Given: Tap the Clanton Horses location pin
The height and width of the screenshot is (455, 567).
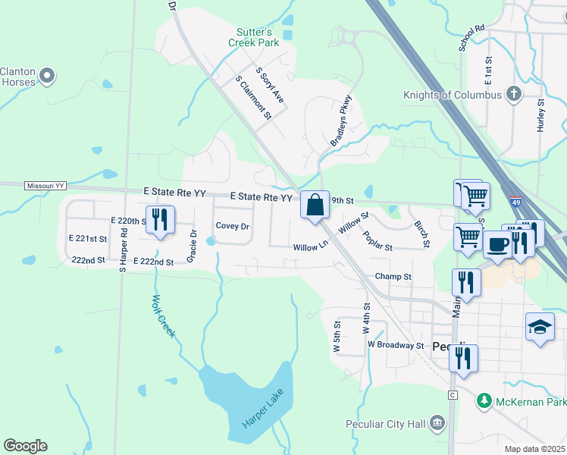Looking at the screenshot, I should point(47,75).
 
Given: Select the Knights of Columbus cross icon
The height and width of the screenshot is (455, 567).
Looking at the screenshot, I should point(514,95).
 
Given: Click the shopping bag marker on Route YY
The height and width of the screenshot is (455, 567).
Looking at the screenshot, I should point(315,205).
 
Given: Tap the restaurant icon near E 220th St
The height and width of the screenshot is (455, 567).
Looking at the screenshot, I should point(160,219).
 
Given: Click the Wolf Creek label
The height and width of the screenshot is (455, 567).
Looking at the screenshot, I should point(164,315).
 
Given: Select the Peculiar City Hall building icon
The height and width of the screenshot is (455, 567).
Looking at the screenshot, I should point(437,422).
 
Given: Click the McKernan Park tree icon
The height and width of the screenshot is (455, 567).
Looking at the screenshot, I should point(484,400).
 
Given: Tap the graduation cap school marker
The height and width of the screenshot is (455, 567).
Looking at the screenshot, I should point(540,327).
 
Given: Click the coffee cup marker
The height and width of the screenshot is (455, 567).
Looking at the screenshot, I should point(497,244).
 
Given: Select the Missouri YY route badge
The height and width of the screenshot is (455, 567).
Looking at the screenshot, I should point(45,185).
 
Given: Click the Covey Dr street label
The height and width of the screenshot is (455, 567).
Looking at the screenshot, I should point(232,226).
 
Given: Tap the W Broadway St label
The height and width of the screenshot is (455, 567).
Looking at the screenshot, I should point(395,345).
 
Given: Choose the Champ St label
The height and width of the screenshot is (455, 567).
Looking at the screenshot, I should point(393,278).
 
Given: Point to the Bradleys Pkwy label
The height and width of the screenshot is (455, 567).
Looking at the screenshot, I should point(342,121).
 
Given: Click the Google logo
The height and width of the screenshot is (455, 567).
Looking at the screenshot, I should point(25,446).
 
